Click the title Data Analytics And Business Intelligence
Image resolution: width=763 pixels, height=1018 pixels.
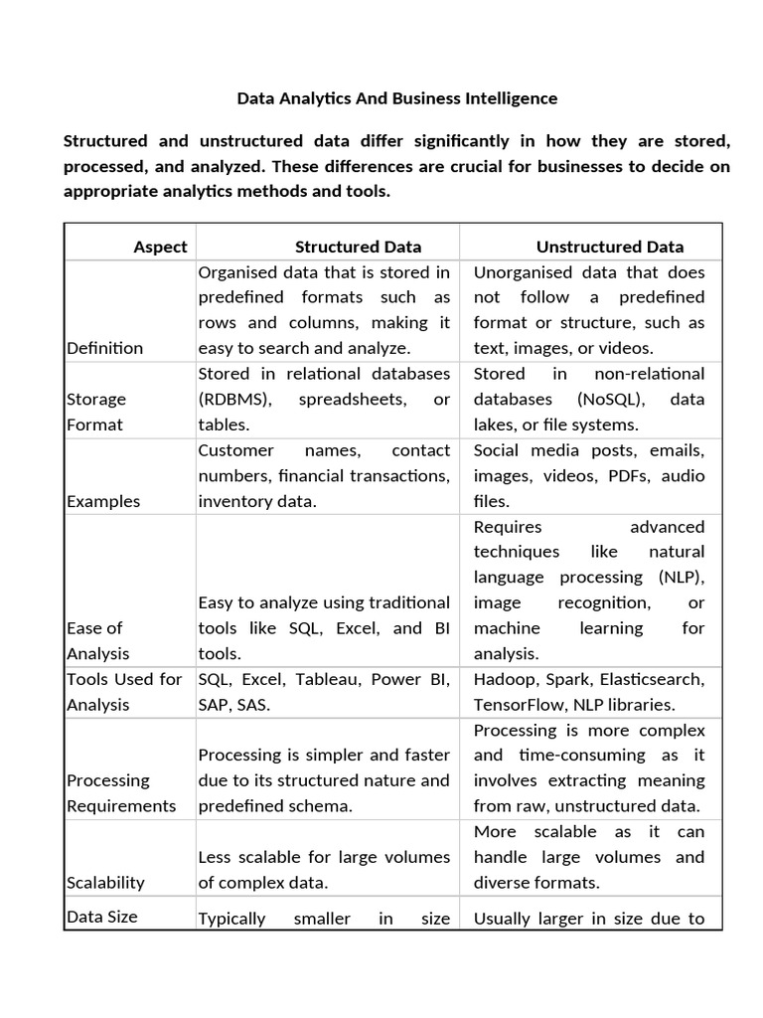point(396,98)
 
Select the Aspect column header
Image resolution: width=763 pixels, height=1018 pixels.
point(160,247)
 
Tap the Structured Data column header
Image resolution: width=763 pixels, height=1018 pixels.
point(358,247)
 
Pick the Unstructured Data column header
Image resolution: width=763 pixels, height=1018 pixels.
point(609,247)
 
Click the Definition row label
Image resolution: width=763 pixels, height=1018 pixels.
point(104,348)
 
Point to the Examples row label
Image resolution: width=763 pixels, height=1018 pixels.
point(103,501)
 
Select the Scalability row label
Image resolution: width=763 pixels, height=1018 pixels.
point(105,883)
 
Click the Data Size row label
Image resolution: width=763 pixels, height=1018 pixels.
point(101,917)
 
